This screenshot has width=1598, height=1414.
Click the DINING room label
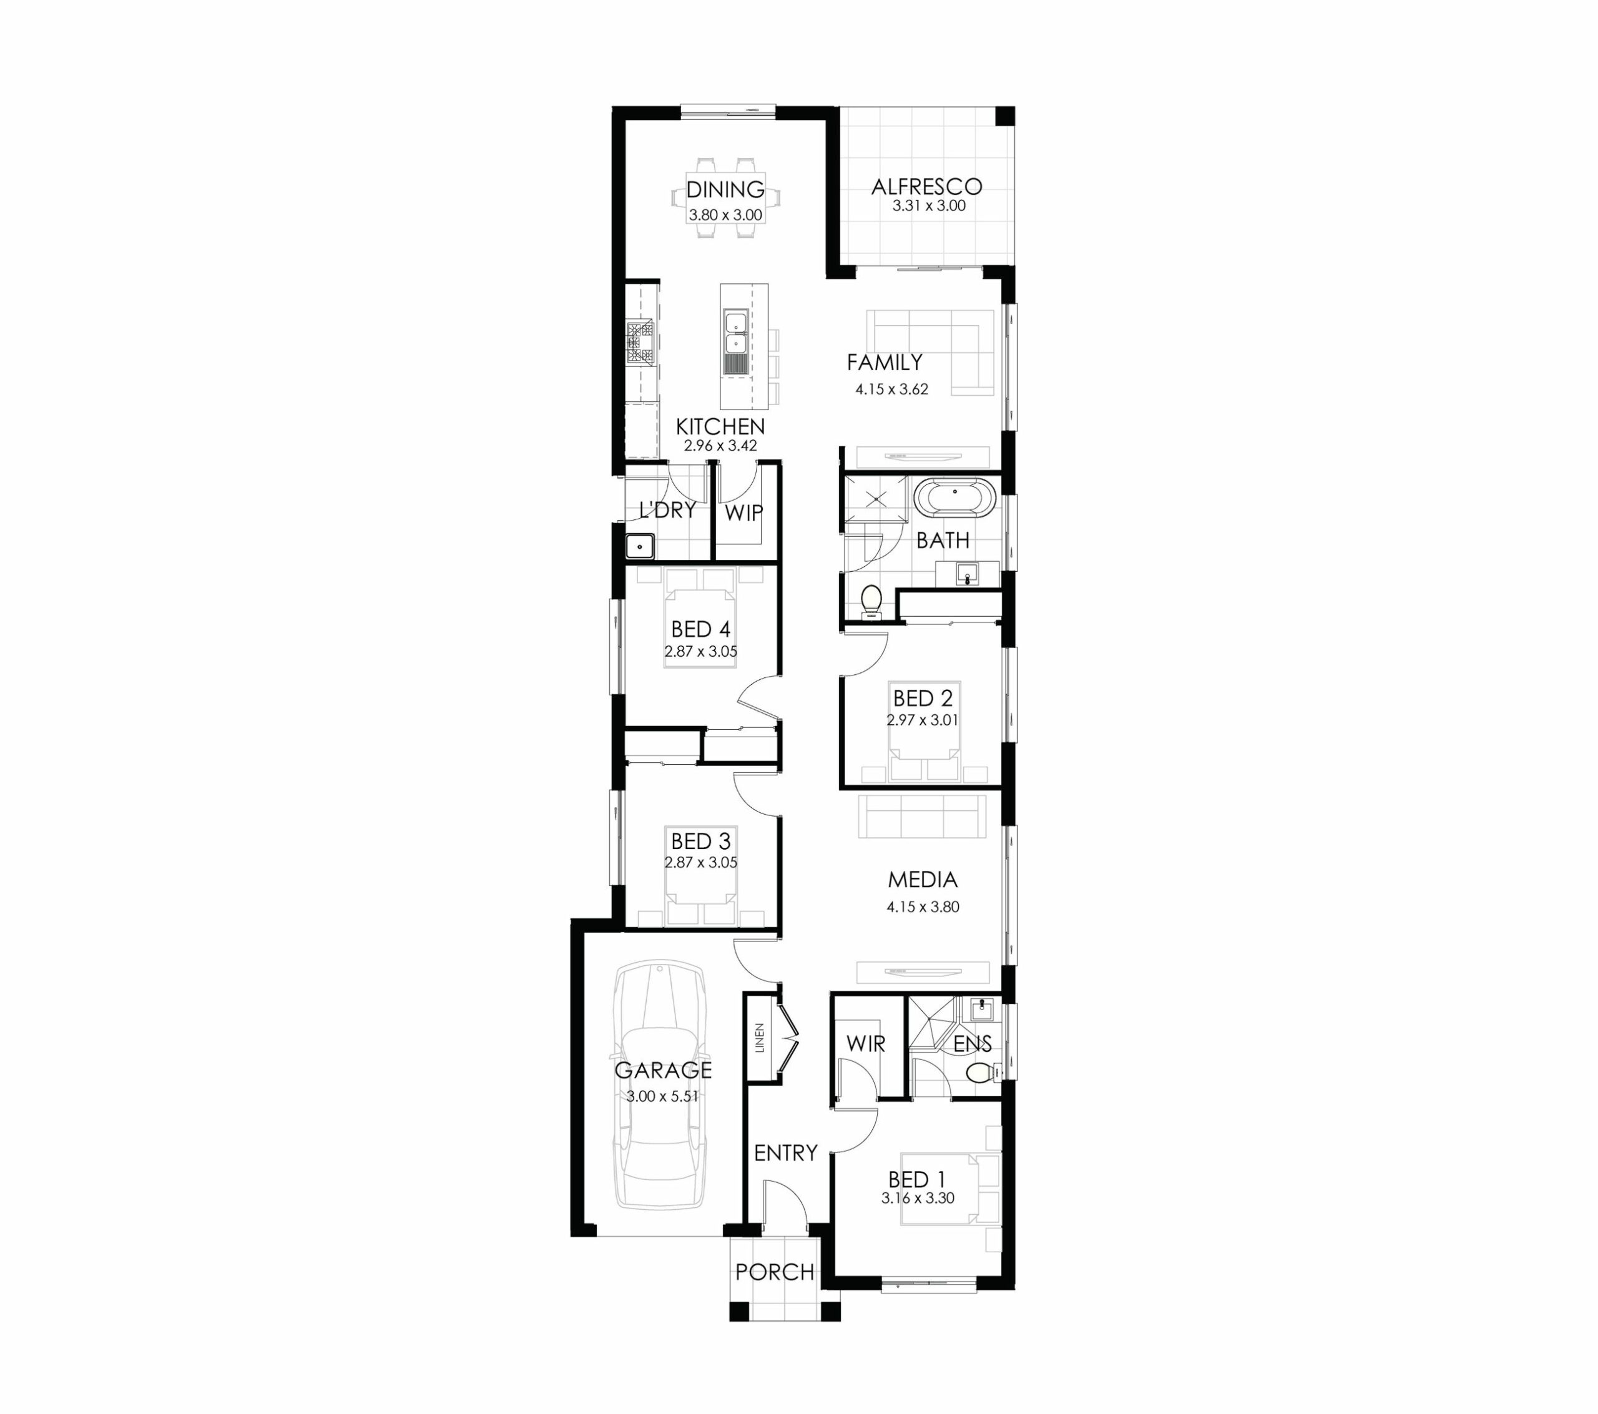click(x=725, y=189)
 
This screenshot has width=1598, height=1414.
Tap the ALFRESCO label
click(x=926, y=187)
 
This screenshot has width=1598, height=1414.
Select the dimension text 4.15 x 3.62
click(x=891, y=389)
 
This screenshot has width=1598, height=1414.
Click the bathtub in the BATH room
click(x=955, y=498)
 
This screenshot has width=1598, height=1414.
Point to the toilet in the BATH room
click(x=871, y=603)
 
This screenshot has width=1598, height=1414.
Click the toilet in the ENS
click(x=983, y=1073)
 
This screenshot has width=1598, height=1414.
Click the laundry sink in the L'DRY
click(x=640, y=545)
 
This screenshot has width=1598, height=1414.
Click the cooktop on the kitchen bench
click(x=640, y=344)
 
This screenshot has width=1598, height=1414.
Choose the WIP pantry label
click(x=743, y=513)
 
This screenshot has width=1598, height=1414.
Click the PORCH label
click(x=775, y=1272)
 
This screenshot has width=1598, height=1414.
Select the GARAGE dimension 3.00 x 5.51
click(x=662, y=1096)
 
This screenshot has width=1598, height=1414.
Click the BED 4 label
click(x=701, y=629)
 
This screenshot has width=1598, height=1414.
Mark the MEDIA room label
click(x=923, y=880)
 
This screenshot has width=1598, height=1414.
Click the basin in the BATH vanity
click(x=967, y=575)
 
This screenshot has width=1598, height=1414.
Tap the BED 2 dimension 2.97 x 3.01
click(x=923, y=720)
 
